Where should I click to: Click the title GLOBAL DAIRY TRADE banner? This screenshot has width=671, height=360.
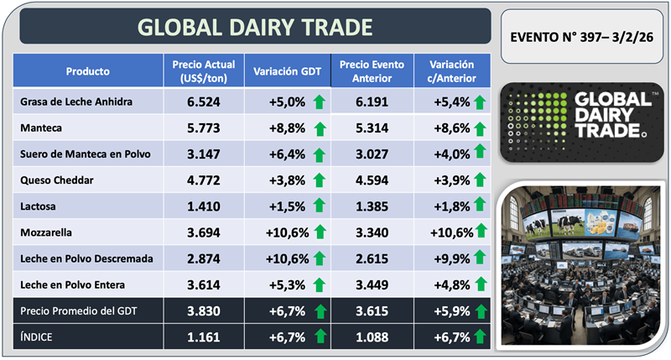[x=255, y=26]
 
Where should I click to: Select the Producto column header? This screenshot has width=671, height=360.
[x=87, y=71]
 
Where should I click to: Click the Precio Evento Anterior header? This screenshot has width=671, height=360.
[x=371, y=71]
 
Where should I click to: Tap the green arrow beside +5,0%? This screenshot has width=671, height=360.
[x=318, y=103]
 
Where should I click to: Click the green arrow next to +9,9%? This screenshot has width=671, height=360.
[x=479, y=258]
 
